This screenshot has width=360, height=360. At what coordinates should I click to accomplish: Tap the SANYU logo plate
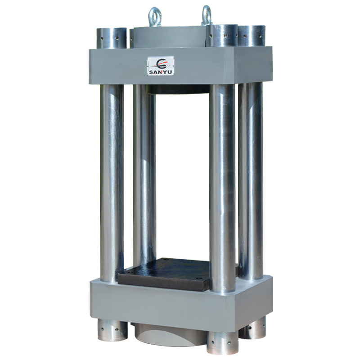point(161,66)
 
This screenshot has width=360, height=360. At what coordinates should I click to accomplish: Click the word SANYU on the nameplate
point(161,72)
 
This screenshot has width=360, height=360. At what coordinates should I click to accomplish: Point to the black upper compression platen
point(179,89)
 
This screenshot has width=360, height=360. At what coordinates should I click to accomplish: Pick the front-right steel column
point(222,188)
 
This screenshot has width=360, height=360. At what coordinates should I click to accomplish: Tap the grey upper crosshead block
point(180,65)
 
